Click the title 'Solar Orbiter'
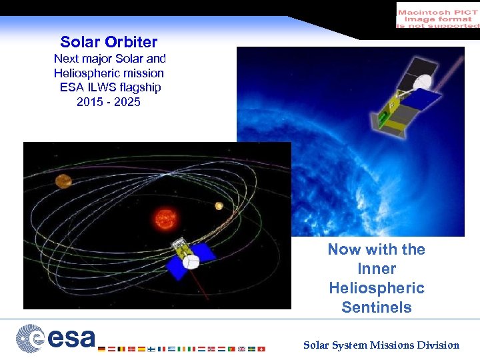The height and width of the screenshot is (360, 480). click(109, 42)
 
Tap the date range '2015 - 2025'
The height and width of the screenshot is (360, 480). click(109, 102)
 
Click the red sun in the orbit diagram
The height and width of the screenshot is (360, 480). click(164, 218)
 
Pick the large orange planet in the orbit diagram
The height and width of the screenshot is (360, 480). click(64, 180)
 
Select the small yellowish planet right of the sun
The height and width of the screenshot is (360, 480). click(218, 206)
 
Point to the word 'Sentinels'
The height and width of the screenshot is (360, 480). click(377, 307)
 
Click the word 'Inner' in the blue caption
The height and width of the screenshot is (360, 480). click(377, 269)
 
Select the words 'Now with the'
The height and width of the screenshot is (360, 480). click(377, 249)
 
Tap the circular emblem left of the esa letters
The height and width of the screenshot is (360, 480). click(29, 337)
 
